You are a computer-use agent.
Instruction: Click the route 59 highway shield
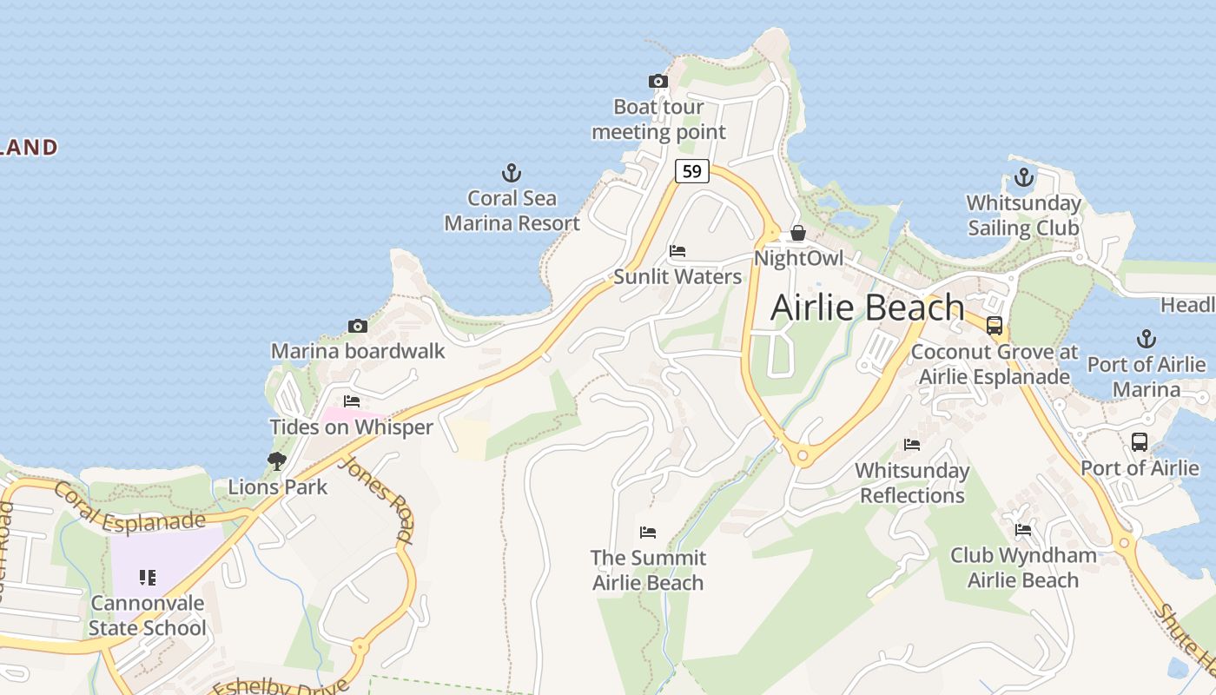click(691, 171)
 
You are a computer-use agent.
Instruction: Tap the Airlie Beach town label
click(867, 308)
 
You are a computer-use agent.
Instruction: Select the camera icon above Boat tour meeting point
click(658, 82)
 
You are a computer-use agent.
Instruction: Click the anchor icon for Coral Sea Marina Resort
click(512, 173)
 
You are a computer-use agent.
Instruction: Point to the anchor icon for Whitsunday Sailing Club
click(1024, 178)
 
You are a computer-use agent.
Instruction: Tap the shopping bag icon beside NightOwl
click(797, 233)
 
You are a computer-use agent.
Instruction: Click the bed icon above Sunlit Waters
click(677, 251)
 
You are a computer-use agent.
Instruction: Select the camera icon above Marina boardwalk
click(357, 326)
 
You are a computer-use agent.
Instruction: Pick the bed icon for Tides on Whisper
click(352, 401)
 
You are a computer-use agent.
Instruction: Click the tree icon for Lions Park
click(277, 461)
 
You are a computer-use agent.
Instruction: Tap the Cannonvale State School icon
click(148, 578)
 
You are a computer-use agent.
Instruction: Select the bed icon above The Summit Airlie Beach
click(648, 532)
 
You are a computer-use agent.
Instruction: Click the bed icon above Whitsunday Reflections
click(912, 445)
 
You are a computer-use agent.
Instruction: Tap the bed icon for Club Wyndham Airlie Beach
click(1023, 529)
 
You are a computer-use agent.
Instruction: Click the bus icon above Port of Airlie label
click(1140, 442)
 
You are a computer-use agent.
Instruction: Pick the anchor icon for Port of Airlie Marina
click(1147, 339)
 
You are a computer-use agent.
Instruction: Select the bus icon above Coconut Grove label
click(995, 326)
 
